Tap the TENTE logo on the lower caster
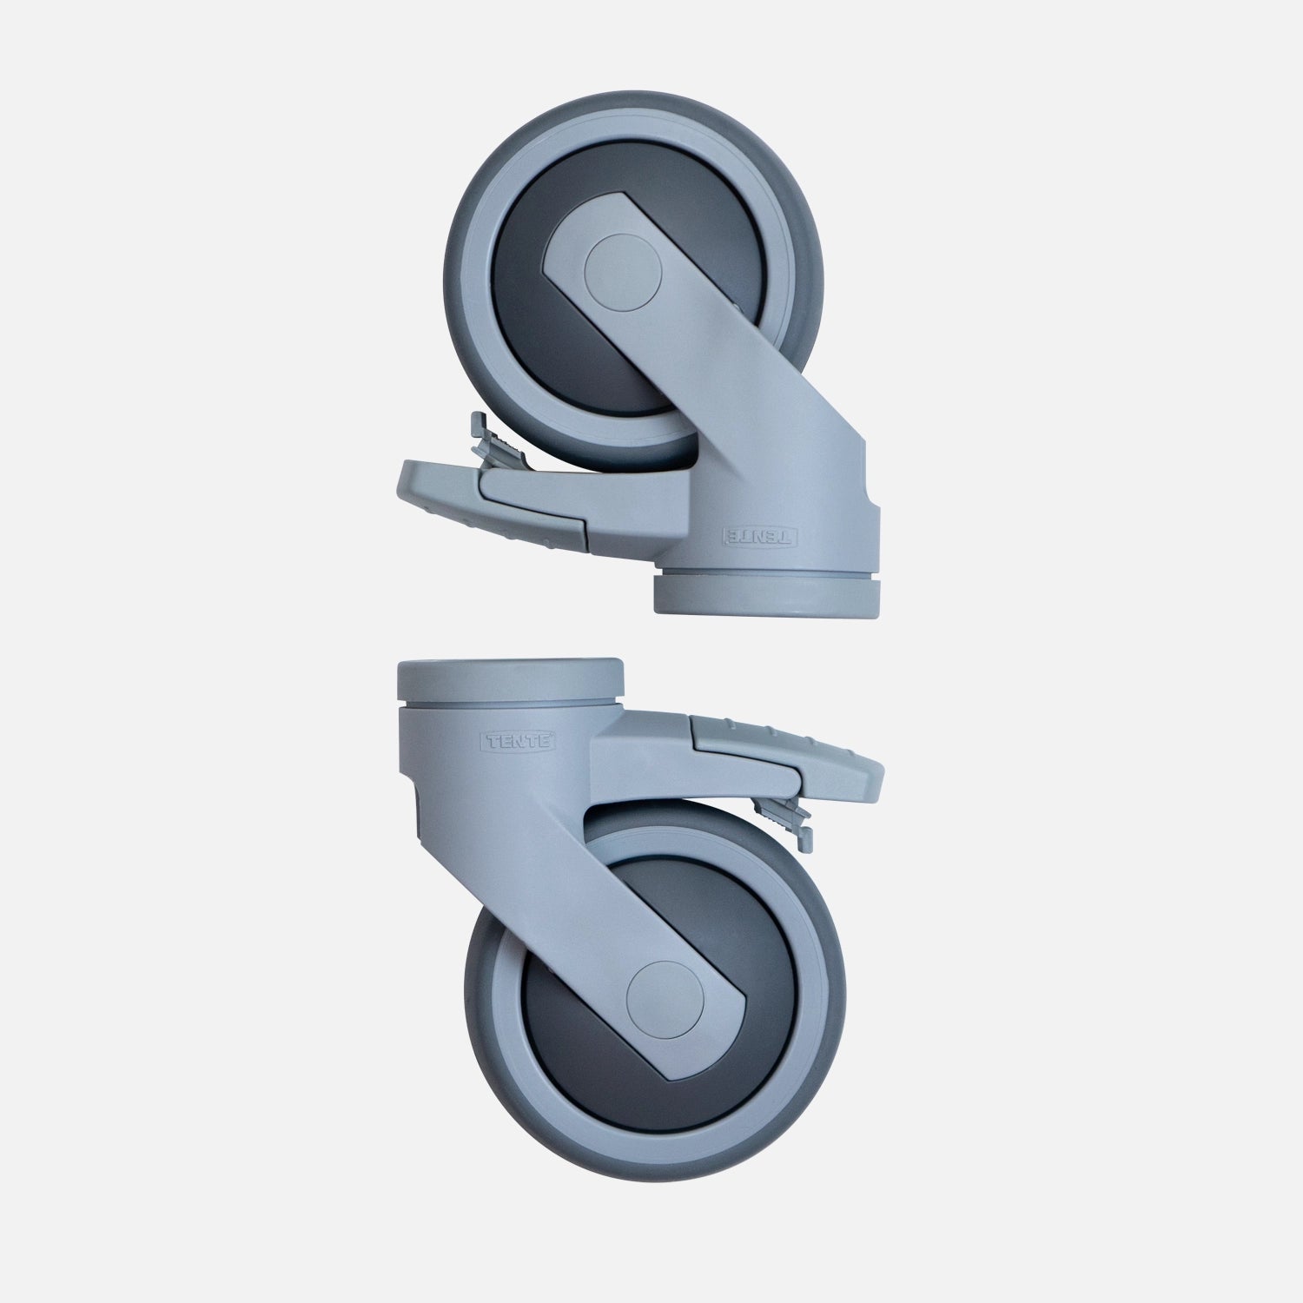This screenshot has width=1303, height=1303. click(519, 742)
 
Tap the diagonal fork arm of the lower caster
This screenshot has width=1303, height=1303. click(591, 895)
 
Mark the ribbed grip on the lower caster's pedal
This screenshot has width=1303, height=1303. click(764, 730)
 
